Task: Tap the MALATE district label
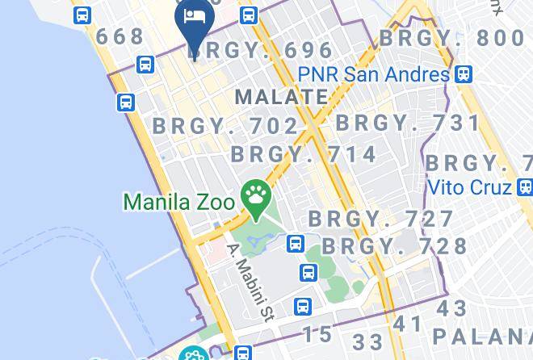click(x=282, y=97)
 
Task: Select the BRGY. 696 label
click(x=261, y=51)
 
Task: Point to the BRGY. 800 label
click(x=451, y=38)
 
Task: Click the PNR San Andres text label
click(x=372, y=74)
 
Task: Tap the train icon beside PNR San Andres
click(x=463, y=74)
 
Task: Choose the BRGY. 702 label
click(x=226, y=126)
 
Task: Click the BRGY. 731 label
click(x=408, y=123)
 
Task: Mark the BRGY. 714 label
click(x=304, y=154)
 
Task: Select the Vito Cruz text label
click(x=468, y=187)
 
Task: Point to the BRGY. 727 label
click(x=381, y=219)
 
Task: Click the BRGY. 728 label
click(x=394, y=245)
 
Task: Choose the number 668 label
click(x=120, y=37)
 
